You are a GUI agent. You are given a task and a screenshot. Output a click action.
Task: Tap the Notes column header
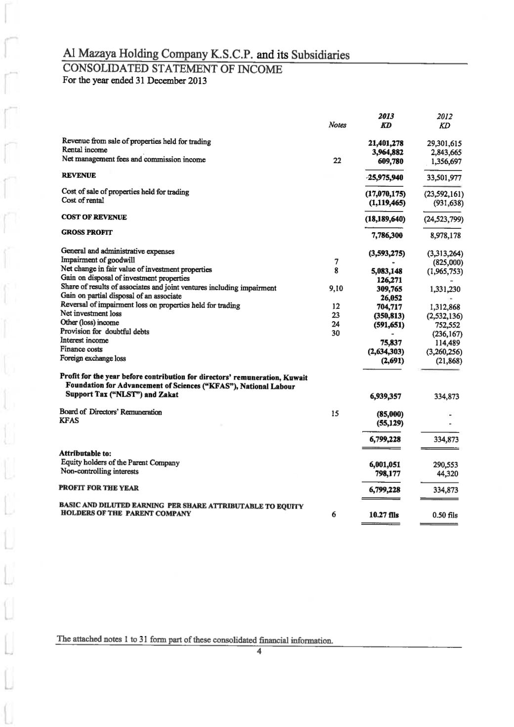coord(337,125)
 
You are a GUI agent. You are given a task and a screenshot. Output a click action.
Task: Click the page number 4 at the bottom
coord(258,651)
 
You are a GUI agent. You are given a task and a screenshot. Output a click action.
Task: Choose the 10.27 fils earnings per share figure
coord(385,515)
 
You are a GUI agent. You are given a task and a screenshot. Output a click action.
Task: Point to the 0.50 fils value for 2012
coord(444,515)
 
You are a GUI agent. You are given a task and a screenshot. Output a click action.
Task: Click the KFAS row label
coord(69,421)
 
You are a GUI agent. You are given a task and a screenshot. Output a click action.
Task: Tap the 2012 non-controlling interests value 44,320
coord(448,473)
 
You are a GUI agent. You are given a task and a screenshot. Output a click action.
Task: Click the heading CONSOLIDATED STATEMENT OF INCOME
coord(172,69)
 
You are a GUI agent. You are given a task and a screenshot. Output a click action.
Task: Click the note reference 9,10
coord(336,289)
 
